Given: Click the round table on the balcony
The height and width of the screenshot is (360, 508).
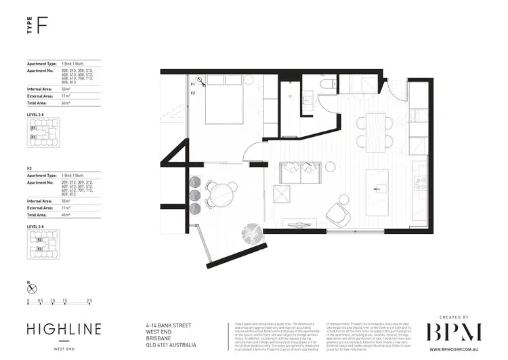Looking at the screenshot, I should tap(221, 195).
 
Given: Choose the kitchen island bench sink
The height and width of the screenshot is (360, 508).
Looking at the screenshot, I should tap(375, 184).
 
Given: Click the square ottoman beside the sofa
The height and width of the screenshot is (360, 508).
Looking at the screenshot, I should tap(281, 195).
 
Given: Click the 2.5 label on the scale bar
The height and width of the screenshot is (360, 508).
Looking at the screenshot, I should tap(89, 300).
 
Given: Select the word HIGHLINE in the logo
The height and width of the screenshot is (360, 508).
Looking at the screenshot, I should tap(64, 329).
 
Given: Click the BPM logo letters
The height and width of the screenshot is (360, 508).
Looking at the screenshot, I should tap(453, 332).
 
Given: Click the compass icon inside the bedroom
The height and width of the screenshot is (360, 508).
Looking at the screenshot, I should tap(194, 79).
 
